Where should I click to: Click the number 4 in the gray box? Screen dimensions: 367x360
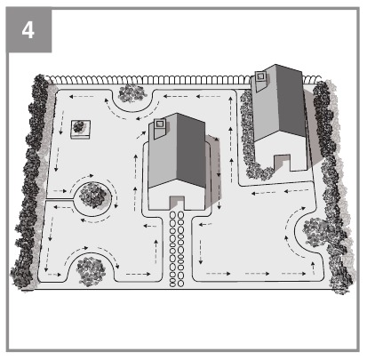[28, 30]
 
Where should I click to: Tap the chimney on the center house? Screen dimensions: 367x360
[159, 127]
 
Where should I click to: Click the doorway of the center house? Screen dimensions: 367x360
[177, 203]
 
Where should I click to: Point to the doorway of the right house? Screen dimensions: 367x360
[282, 162]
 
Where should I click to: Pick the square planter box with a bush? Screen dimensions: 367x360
[80, 129]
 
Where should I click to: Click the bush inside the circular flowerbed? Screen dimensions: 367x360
[93, 195]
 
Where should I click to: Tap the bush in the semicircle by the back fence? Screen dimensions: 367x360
[132, 92]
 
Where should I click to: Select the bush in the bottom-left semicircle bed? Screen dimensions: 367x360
[91, 271]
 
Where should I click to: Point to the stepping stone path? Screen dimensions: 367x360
[177, 248]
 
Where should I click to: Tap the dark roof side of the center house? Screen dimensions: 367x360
[191, 149]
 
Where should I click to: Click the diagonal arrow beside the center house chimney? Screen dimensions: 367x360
[141, 134]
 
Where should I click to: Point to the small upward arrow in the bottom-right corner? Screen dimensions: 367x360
[313, 268]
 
